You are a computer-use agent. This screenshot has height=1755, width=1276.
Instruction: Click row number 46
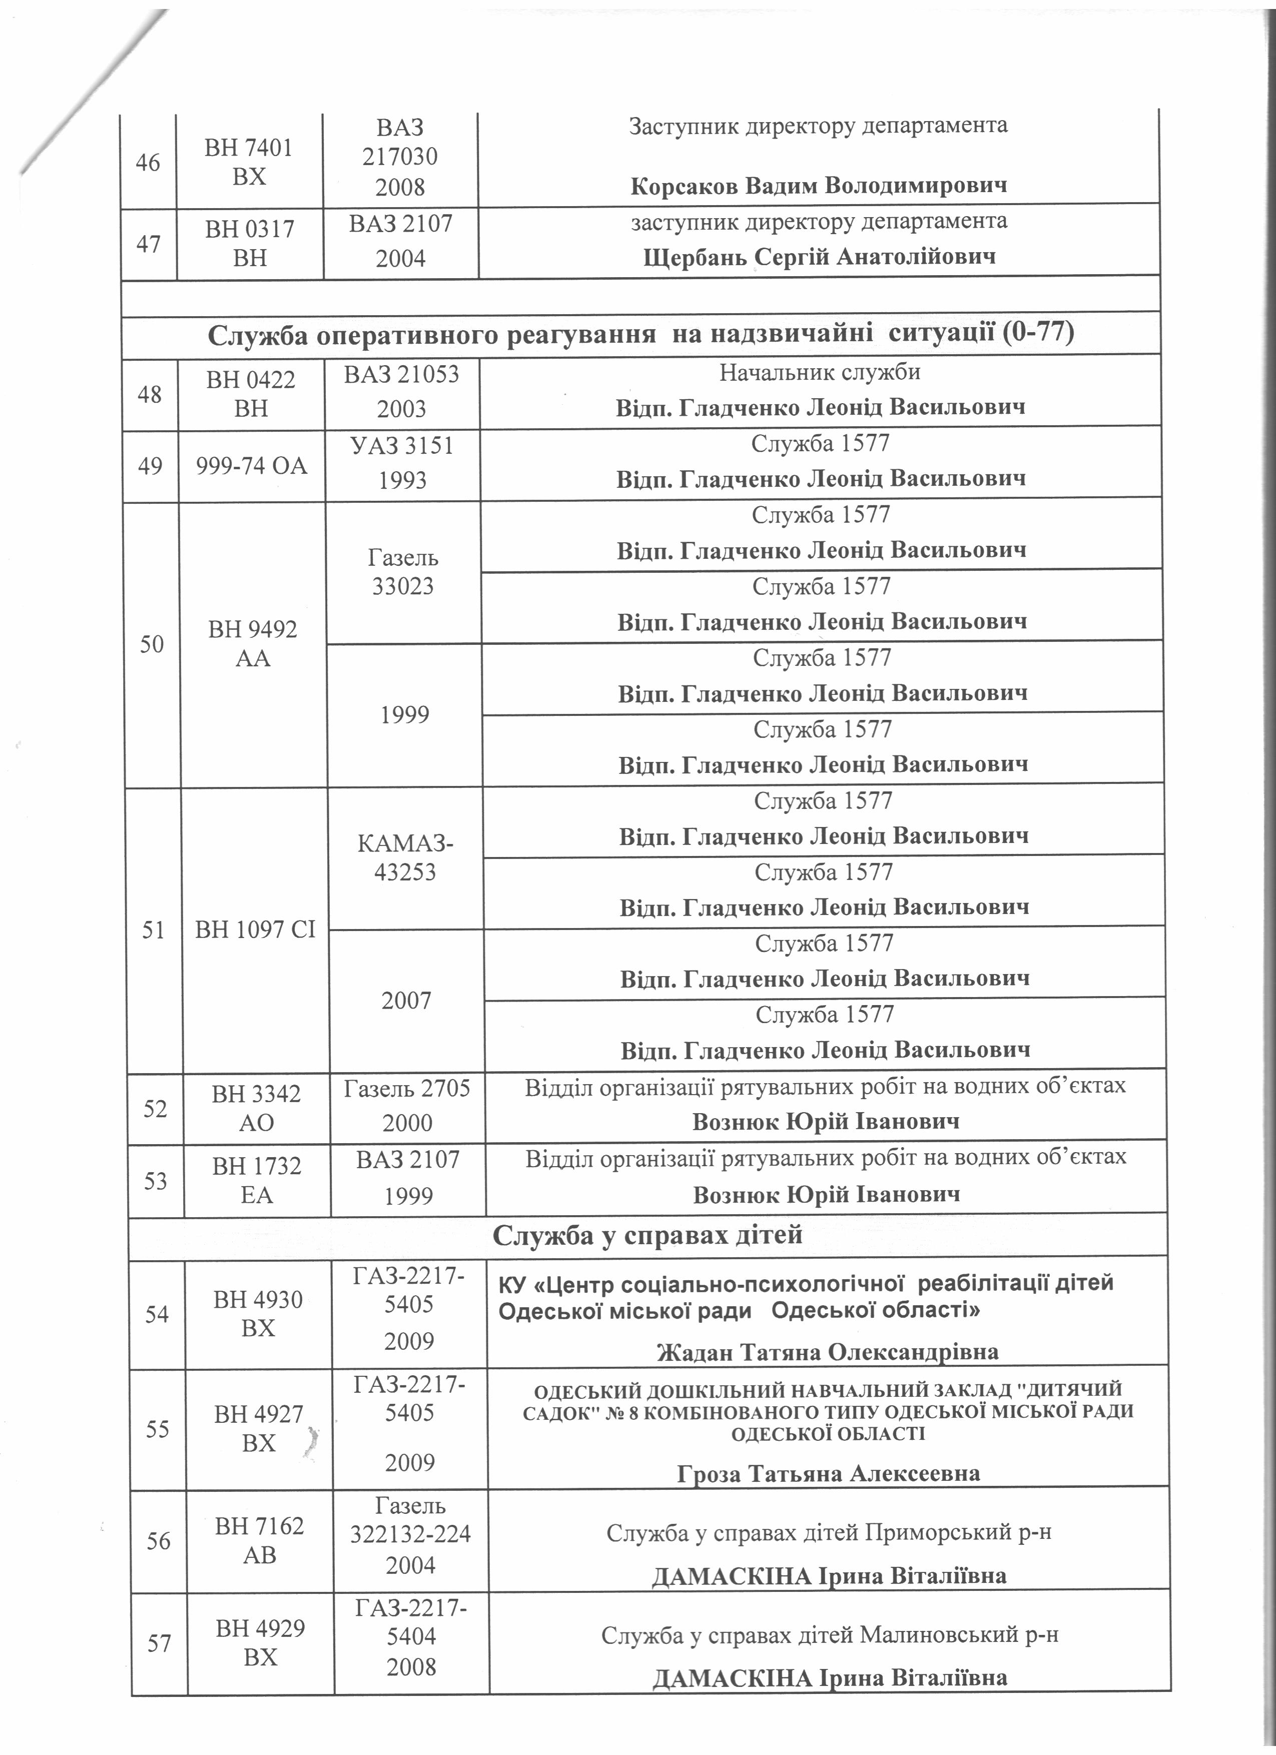[148, 163]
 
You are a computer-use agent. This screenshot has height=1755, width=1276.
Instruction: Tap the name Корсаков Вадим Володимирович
[819, 186]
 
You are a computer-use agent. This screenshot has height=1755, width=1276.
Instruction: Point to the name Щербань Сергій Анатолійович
[819, 257]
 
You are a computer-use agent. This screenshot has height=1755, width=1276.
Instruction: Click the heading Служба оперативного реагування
[641, 334]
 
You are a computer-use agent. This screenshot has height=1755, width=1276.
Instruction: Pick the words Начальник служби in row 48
[820, 372]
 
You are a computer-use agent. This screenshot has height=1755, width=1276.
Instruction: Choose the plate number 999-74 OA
[252, 466]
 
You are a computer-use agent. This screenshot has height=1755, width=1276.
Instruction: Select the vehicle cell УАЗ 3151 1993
[402, 463]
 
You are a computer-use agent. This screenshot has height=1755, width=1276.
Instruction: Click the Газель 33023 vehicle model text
[403, 572]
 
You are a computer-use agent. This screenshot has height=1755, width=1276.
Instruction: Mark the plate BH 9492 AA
[253, 644]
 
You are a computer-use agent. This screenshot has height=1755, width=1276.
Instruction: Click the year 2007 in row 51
[406, 1001]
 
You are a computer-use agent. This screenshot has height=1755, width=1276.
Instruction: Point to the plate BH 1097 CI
[255, 930]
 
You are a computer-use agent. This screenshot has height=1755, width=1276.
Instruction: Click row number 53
[156, 1180]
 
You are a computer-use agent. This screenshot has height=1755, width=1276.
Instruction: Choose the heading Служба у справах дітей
[647, 1236]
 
